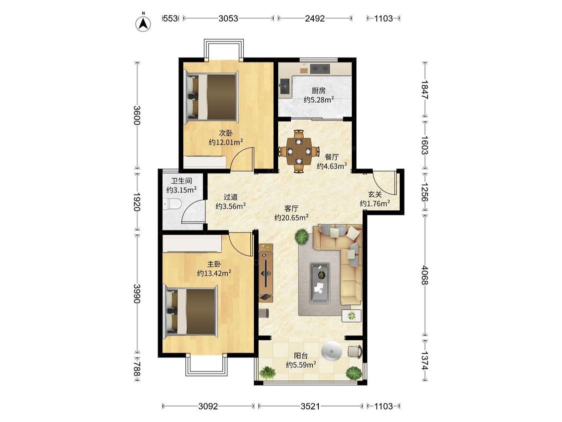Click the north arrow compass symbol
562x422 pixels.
tap(143, 22)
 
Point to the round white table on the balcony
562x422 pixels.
tap(333, 350)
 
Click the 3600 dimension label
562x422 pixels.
tap(136, 115)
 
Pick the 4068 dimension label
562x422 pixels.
tap(425, 275)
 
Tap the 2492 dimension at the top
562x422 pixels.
tap(315, 18)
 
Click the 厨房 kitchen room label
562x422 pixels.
tap(319, 91)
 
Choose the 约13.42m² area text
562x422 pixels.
tap(214, 273)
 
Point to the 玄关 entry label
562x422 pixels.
tap(375, 194)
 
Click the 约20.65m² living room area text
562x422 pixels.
tap(292, 217)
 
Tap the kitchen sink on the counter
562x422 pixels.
tap(286, 87)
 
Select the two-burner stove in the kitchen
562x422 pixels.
tap(320, 68)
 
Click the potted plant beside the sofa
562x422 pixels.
tap(302, 237)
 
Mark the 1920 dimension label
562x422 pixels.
tap(136, 202)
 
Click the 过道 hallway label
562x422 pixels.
tap(230, 197)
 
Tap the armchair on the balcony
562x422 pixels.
tap(355, 351)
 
